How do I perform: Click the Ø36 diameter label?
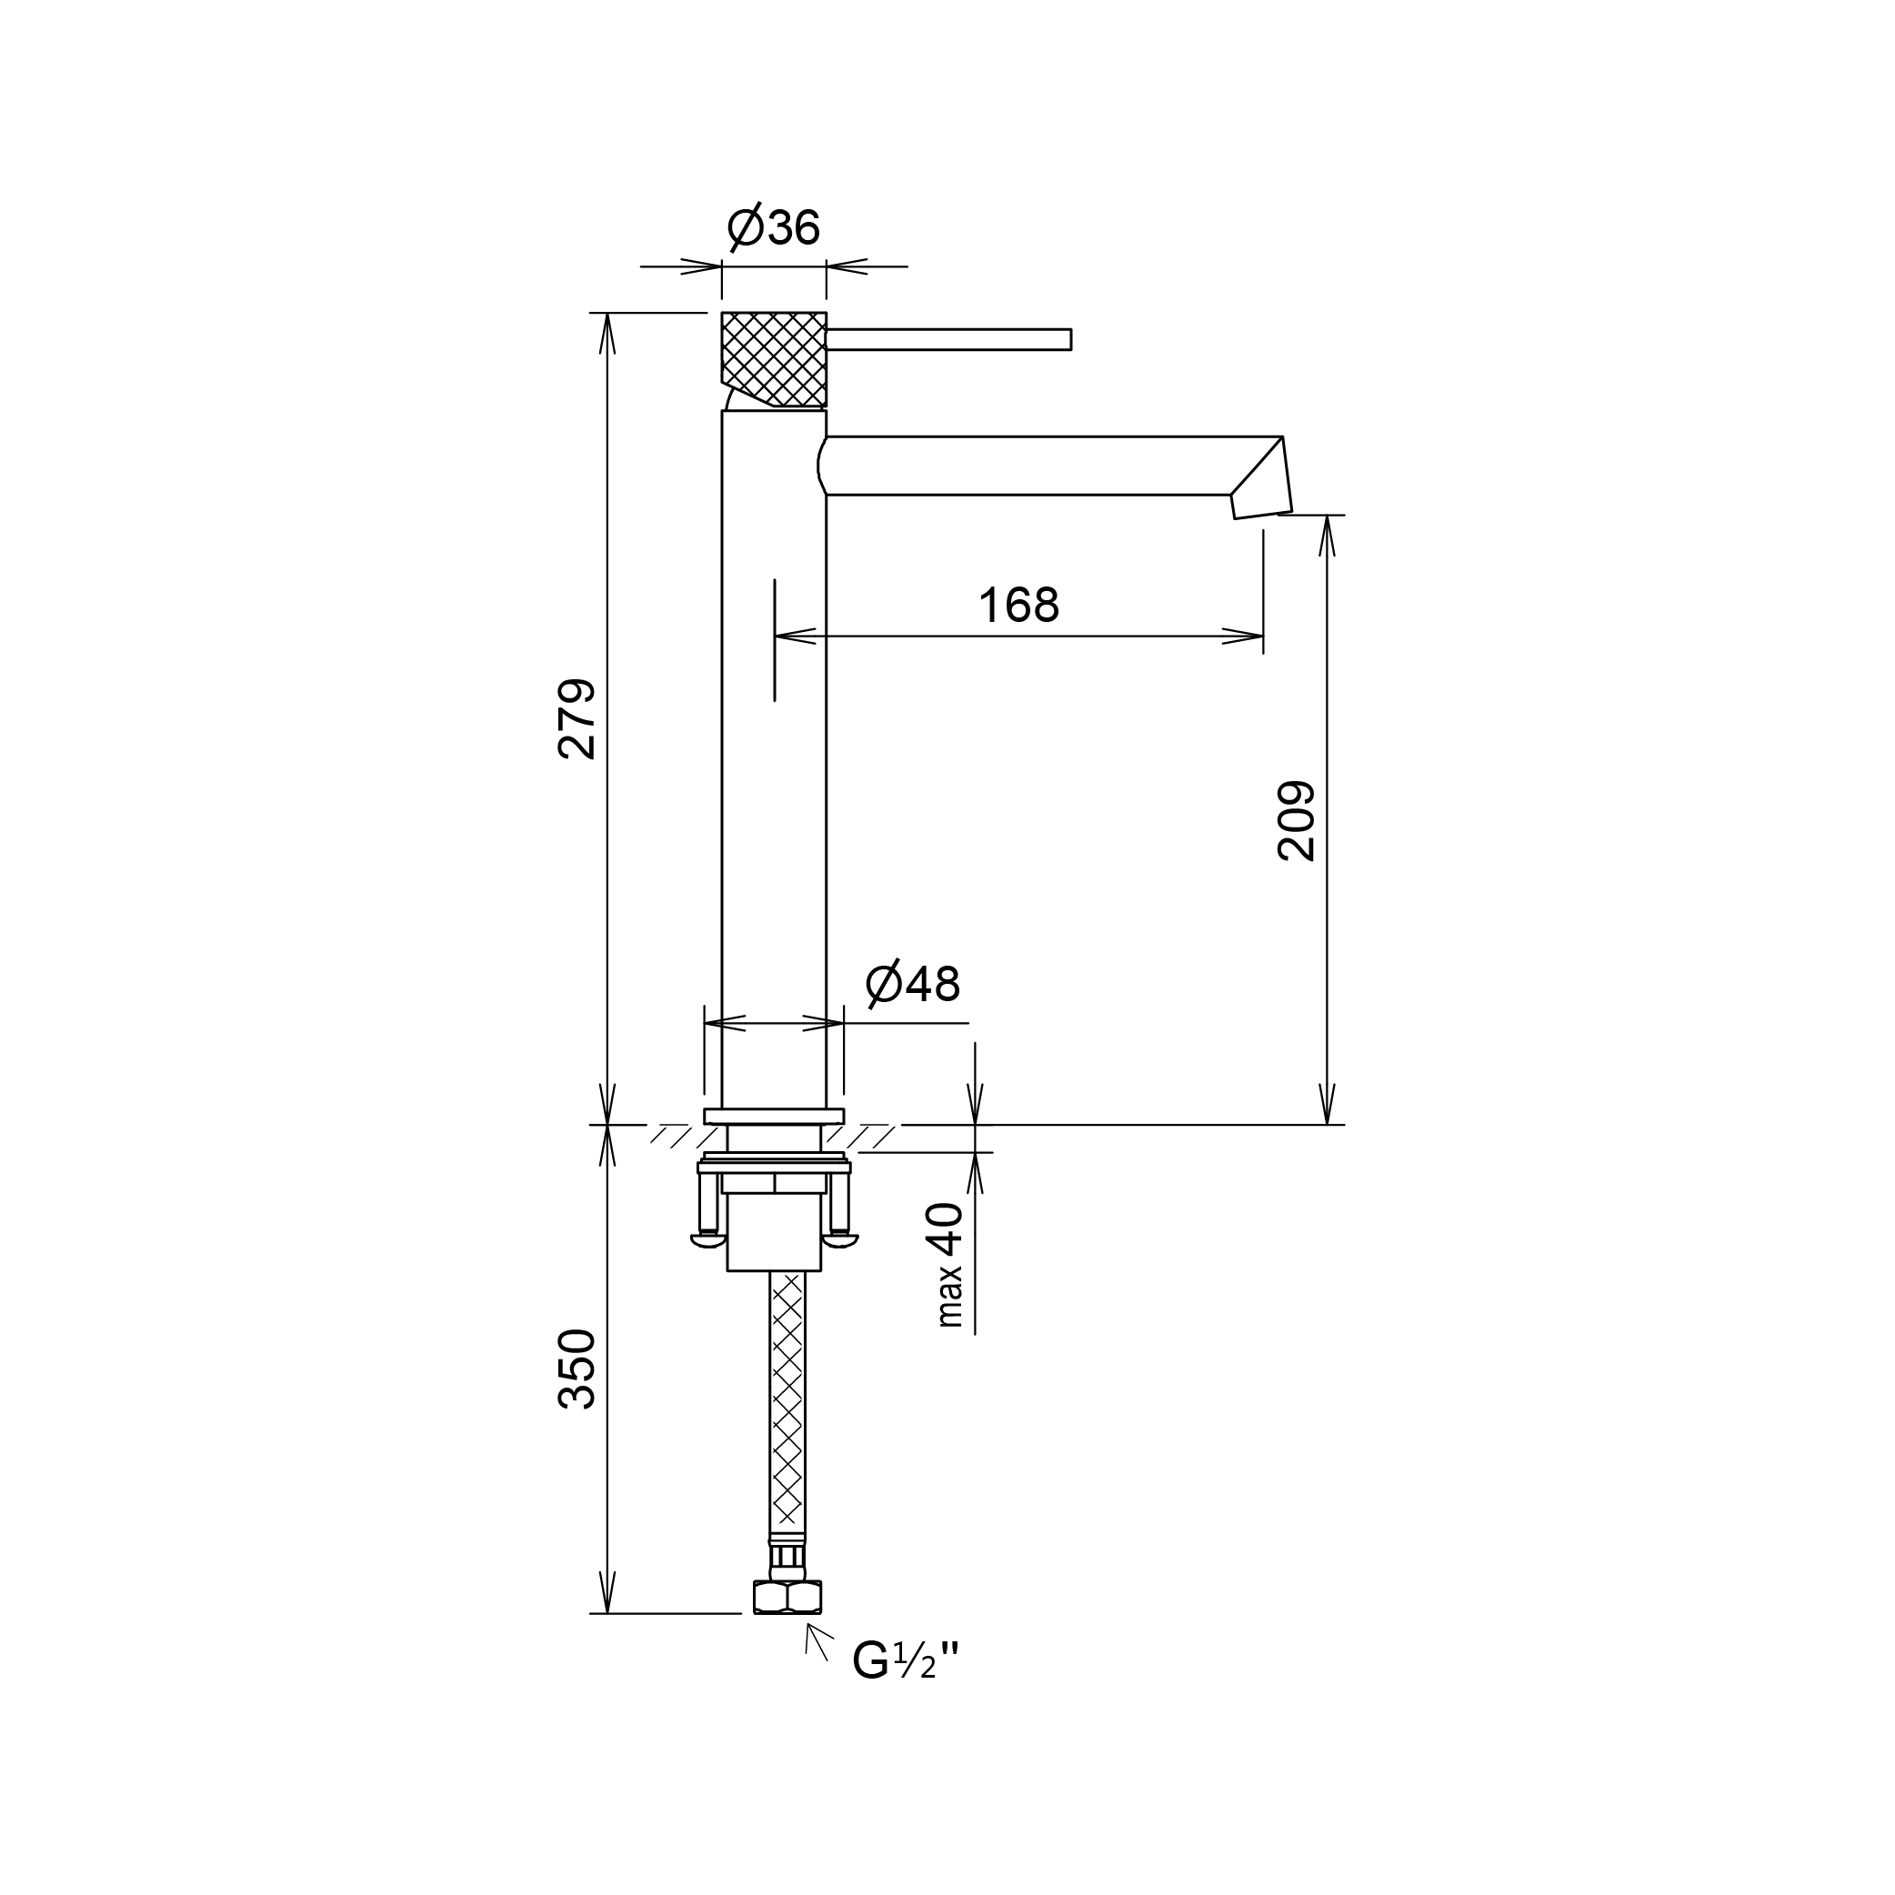774,227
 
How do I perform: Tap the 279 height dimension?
577,719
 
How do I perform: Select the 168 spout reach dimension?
1019,606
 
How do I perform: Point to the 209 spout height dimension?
1297,821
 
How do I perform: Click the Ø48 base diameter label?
913,984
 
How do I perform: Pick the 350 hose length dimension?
577,1369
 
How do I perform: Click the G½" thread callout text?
906,1660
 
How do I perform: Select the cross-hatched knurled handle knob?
774,359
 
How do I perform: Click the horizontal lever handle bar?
948,339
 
